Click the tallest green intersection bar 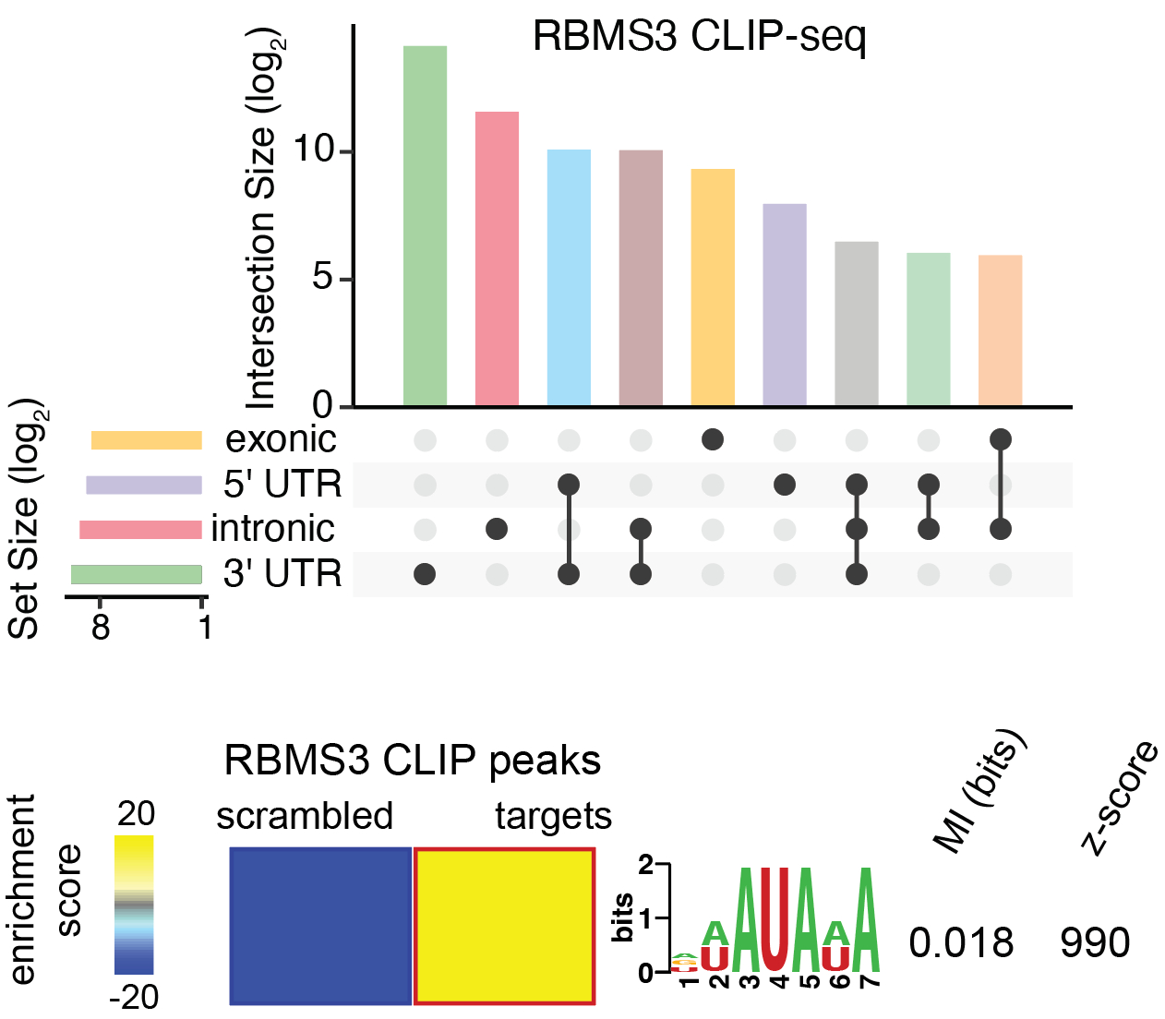[425, 226]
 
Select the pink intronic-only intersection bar [497, 258]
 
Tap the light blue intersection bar [569, 277]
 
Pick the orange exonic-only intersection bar [713, 287]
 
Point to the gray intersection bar [857, 323]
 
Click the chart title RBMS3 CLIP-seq [699, 38]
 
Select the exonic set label [281, 439]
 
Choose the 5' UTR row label [282, 484]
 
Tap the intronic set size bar [140, 530]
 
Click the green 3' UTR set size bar [137, 574]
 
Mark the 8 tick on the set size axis [100, 627]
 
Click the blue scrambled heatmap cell [320, 926]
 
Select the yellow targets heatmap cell [504, 926]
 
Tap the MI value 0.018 [961, 943]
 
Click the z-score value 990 [1095, 943]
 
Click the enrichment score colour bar [134, 905]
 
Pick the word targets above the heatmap [553, 817]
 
